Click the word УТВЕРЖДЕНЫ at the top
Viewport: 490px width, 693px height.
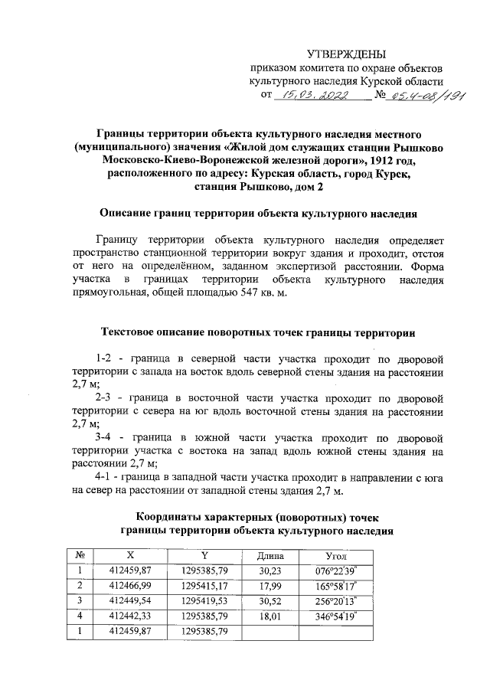pos(346,54)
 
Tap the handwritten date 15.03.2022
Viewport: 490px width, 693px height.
pos(315,96)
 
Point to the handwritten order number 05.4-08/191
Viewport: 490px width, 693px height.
pos(414,96)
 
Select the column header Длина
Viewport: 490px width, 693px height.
pos(270,555)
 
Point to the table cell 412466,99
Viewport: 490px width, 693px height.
pos(127,585)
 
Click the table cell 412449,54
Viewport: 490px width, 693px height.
pos(127,600)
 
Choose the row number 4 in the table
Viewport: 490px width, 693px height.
pos(79,615)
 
